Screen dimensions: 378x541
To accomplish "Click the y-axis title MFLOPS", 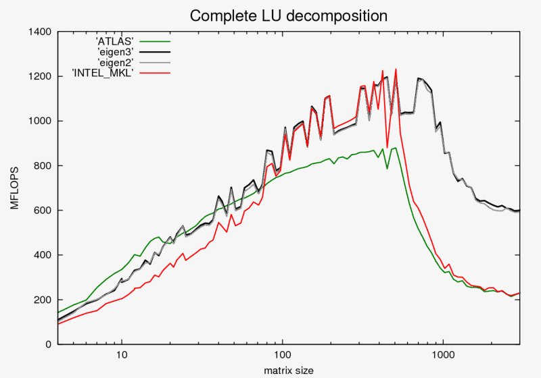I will (14, 189).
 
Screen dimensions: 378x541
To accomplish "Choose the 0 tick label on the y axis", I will (49, 344).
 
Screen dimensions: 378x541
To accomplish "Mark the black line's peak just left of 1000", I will (419, 78).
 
